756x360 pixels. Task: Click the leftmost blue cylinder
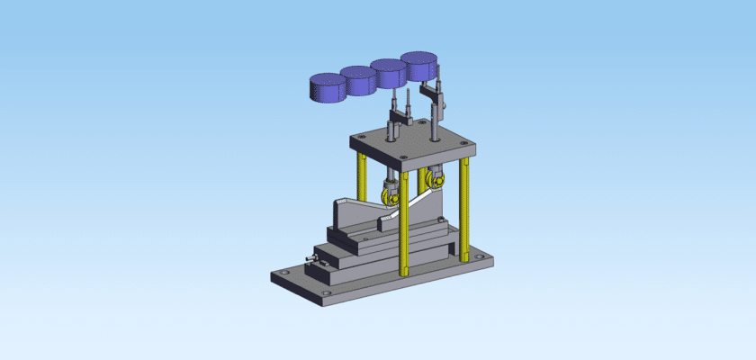pos(326,88)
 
